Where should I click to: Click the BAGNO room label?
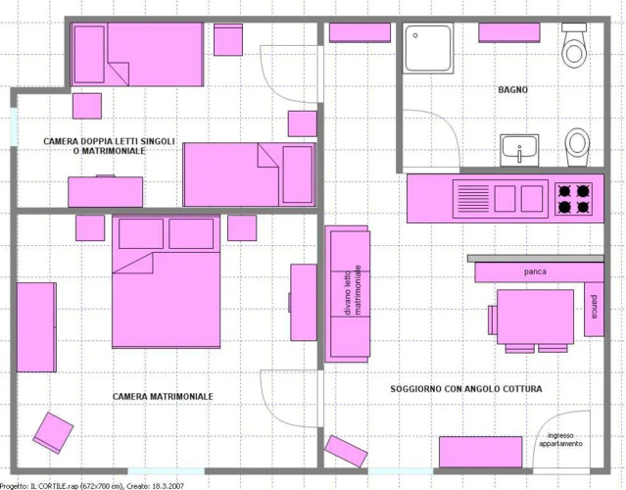pos(512,90)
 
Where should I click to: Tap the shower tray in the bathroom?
pos(428,48)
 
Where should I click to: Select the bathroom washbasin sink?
pos(519,150)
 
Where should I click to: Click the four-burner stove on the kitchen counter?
pos(573,199)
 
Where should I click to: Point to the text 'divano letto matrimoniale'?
pos(353,290)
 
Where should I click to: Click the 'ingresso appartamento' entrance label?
pos(560,440)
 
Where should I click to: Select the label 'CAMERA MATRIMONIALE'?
pos(163,397)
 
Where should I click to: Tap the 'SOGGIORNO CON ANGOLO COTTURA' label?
pos(466,388)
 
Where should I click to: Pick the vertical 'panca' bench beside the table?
pos(594,309)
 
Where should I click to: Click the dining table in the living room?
pos(535,317)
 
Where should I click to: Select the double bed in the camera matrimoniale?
pos(167,282)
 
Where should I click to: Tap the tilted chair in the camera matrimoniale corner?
pos(53,433)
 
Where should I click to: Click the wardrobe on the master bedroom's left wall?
pos(36,327)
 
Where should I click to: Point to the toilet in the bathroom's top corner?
pos(574,45)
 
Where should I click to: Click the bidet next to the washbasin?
pos(577,147)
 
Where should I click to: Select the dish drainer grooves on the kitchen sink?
pos(473,199)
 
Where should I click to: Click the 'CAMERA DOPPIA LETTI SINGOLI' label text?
pos(109,141)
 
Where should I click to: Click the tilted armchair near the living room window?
pos(346,451)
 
